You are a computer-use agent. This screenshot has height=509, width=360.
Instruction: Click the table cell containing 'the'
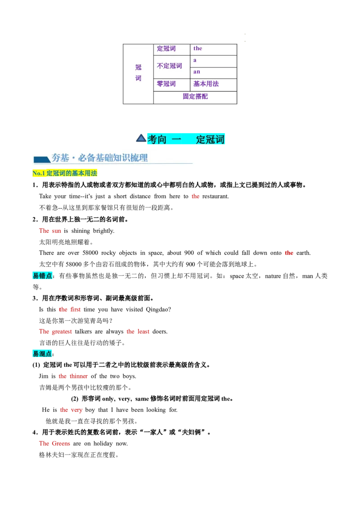pyautogui.click(x=213, y=49)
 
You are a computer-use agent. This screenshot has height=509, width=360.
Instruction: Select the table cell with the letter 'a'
pyautogui.click(x=213, y=61)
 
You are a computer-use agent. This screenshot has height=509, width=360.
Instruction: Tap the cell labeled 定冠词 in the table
pyautogui.click(x=166, y=49)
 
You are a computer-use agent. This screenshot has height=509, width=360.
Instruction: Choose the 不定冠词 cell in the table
pyautogui.click(x=170, y=66)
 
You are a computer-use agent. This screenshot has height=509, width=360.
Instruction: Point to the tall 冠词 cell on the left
pyautogui.click(x=138, y=73)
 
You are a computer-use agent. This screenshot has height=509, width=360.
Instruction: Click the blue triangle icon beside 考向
pyautogui.click(x=141, y=138)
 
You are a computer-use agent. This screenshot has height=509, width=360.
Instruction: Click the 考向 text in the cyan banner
pyautogui.click(x=157, y=139)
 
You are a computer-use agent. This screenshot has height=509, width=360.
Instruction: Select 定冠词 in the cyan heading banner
pyautogui.click(x=210, y=139)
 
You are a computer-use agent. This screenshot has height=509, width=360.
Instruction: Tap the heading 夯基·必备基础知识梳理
pyautogui.click(x=99, y=158)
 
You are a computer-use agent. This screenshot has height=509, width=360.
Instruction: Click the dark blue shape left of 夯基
pyautogui.click(x=41, y=159)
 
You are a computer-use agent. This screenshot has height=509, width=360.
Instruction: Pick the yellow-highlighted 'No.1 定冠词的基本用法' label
pyautogui.click(x=65, y=174)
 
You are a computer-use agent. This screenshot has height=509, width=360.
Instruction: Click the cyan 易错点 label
pyautogui.click(x=43, y=276)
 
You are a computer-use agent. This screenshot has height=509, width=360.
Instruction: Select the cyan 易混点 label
pyautogui.click(x=43, y=354)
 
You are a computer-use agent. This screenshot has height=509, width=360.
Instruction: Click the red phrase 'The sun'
pyautogui.click(x=50, y=231)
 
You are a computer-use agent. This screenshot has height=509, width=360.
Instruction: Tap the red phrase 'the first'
pyautogui.click(x=70, y=309)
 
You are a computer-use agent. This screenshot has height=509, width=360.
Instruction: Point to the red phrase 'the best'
pyautogui.click(x=138, y=331)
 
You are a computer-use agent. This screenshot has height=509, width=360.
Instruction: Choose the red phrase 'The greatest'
pyautogui.click(x=55, y=331)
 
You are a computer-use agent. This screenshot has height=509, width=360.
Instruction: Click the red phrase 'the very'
pyautogui.click(x=71, y=410)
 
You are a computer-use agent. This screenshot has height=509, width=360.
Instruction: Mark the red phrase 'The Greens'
pyautogui.click(x=55, y=443)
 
